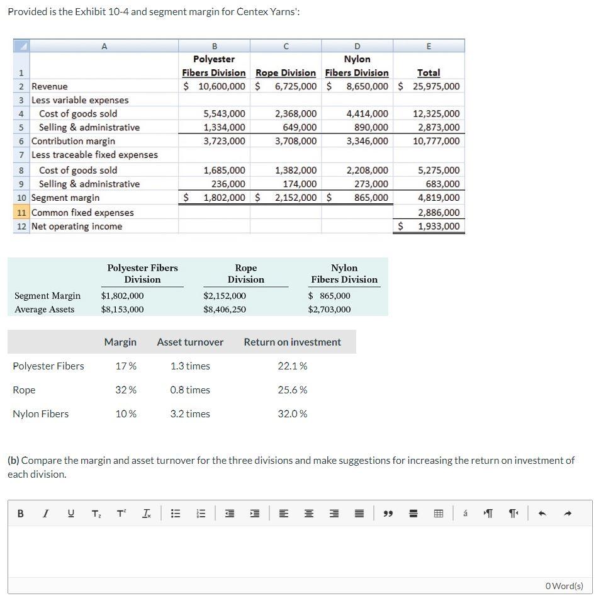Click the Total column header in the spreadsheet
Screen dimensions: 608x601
pyautogui.click(x=429, y=73)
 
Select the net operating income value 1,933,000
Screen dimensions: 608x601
pyautogui.click(x=439, y=227)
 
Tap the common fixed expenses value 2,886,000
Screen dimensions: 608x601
pyautogui.click(x=439, y=213)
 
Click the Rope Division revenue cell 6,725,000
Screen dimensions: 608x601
pyautogui.click(x=295, y=86)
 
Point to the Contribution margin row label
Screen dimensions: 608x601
pyautogui.click(x=73, y=141)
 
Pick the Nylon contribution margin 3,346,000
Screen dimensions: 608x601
pyautogui.click(x=367, y=141)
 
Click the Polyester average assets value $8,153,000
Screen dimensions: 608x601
pyautogui.click(x=122, y=309)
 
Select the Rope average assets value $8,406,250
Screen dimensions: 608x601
pyautogui.click(x=225, y=309)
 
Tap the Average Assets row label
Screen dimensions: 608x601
pyautogui.click(x=44, y=309)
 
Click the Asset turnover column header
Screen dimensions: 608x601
pyautogui.click(x=190, y=342)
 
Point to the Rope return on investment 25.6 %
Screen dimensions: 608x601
pyautogui.click(x=293, y=390)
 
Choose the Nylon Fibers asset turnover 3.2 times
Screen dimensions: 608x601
pyautogui.click(x=190, y=414)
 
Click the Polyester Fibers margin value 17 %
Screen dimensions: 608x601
pyautogui.click(x=126, y=366)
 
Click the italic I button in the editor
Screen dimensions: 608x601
pyautogui.click(x=45, y=514)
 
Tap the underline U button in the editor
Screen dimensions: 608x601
pyautogui.click(x=70, y=514)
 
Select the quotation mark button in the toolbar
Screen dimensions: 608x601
pyautogui.click(x=388, y=514)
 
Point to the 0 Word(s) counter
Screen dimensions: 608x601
pyautogui.click(x=564, y=586)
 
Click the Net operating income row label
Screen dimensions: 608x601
pyautogui.click(x=77, y=227)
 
